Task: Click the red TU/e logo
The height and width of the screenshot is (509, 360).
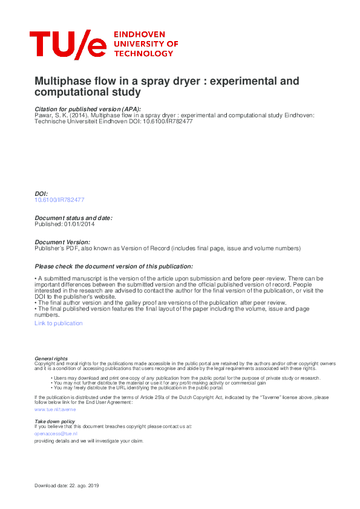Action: (x=68, y=44)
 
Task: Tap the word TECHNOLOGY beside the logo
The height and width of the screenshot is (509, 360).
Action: (x=145, y=54)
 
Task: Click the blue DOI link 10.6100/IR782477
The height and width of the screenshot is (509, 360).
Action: (x=59, y=199)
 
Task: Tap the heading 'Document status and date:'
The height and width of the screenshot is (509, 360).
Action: (x=73, y=218)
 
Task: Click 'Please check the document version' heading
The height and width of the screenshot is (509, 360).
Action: (x=114, y=266)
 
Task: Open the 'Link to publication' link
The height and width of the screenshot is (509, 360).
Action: (x=59, y=323)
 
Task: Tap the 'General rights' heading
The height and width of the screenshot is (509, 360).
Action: (x=51, y=358)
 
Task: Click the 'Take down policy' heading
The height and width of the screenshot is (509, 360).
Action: (x=54, y=421)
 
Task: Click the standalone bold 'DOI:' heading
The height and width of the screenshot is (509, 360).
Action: (x=41, y=193)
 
